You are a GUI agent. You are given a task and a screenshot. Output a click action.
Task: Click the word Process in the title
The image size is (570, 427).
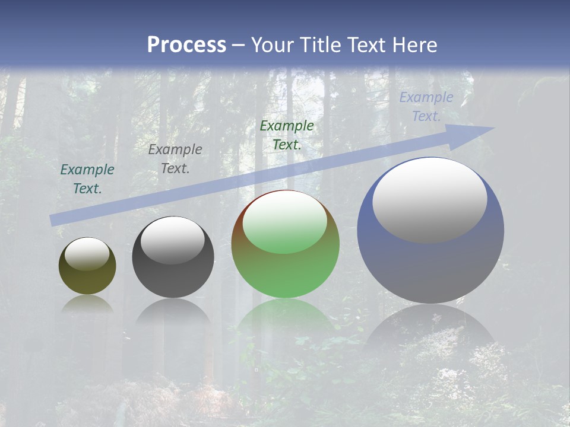(x=186, y=45)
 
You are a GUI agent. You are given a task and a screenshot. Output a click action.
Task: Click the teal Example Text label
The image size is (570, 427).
(x=87, y=179)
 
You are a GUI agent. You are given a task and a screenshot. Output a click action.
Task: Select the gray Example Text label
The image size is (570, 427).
(x=175, y=159)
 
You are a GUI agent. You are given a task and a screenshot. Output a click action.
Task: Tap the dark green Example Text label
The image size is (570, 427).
(x=287, y=135)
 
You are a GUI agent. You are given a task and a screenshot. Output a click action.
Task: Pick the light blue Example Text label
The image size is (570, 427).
(x=426, y=107)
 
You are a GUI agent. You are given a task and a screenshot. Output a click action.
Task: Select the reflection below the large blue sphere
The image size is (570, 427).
(x=430, y=326)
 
